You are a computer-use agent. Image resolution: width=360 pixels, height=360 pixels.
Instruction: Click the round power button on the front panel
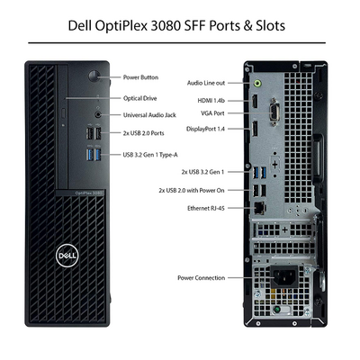[94, 76]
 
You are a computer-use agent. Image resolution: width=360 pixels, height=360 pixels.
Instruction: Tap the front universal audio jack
[98, 114]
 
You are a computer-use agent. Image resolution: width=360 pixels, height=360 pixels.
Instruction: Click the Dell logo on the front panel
[67, 256]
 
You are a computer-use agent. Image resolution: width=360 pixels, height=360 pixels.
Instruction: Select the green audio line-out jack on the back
[257, 83]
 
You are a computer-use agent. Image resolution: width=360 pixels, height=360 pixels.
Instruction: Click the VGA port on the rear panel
[274, 112]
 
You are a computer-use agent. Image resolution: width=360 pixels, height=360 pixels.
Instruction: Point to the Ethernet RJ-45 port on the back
[259, 208]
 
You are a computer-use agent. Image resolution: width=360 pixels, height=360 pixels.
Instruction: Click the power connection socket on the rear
[284, 275]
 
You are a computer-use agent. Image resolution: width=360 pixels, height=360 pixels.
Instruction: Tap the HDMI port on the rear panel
[255, 101]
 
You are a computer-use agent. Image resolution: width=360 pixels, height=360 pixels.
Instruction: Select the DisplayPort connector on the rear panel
[255, 129]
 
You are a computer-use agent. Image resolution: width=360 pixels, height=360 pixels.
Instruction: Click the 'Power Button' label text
[140, 77]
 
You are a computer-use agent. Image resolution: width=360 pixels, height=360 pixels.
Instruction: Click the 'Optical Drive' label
[140, 98]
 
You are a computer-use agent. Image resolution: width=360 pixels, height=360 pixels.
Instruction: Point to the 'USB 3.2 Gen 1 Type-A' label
[150, 155]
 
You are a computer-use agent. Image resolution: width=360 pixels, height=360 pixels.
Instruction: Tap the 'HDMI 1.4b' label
[211, 101]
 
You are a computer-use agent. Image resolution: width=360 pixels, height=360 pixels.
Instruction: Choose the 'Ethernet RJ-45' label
[206, 208]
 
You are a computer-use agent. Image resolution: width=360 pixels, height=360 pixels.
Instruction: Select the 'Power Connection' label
[201, 278]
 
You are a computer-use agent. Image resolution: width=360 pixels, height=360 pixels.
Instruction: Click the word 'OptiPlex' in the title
[121, 26]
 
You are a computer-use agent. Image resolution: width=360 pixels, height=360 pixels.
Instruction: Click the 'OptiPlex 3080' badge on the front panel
[89, 193]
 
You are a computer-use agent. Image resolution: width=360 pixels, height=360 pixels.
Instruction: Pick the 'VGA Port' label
[212, 113]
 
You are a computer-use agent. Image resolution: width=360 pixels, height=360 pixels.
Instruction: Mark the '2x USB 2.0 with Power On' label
[192, 190]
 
